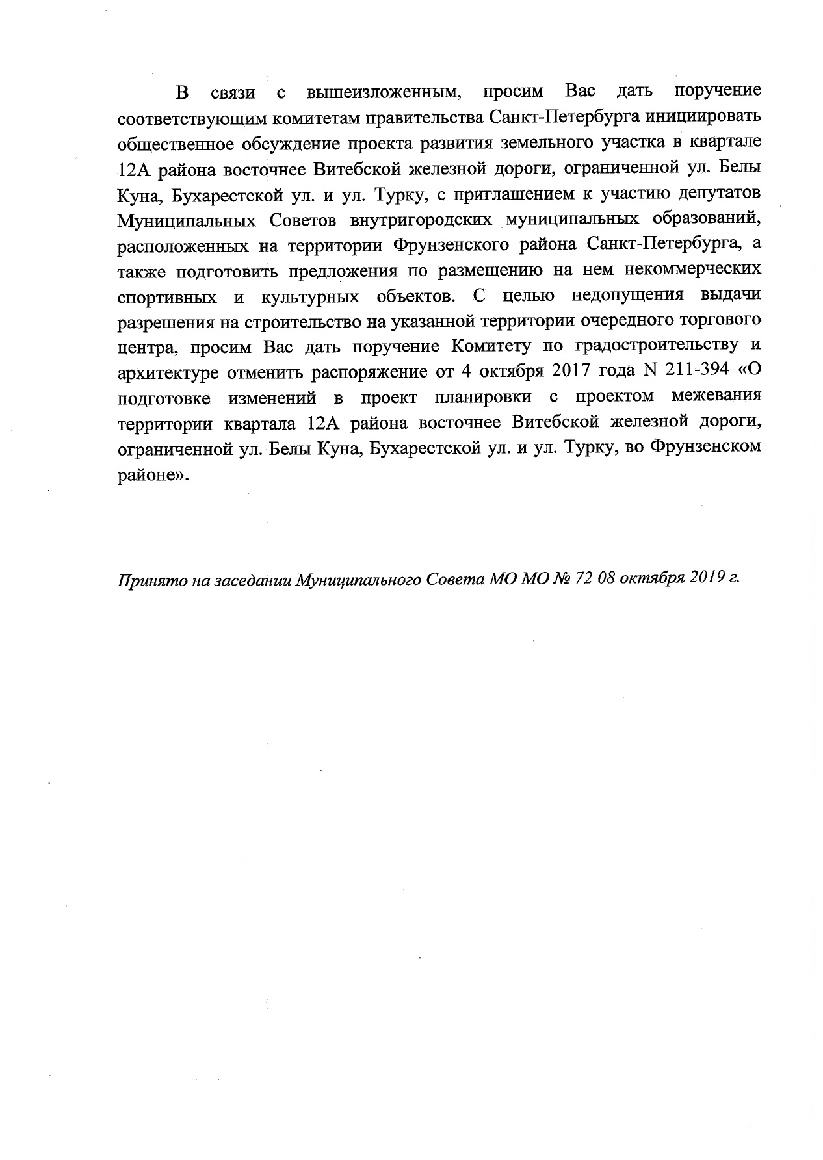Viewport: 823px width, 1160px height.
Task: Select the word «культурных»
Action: pos(309,296)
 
